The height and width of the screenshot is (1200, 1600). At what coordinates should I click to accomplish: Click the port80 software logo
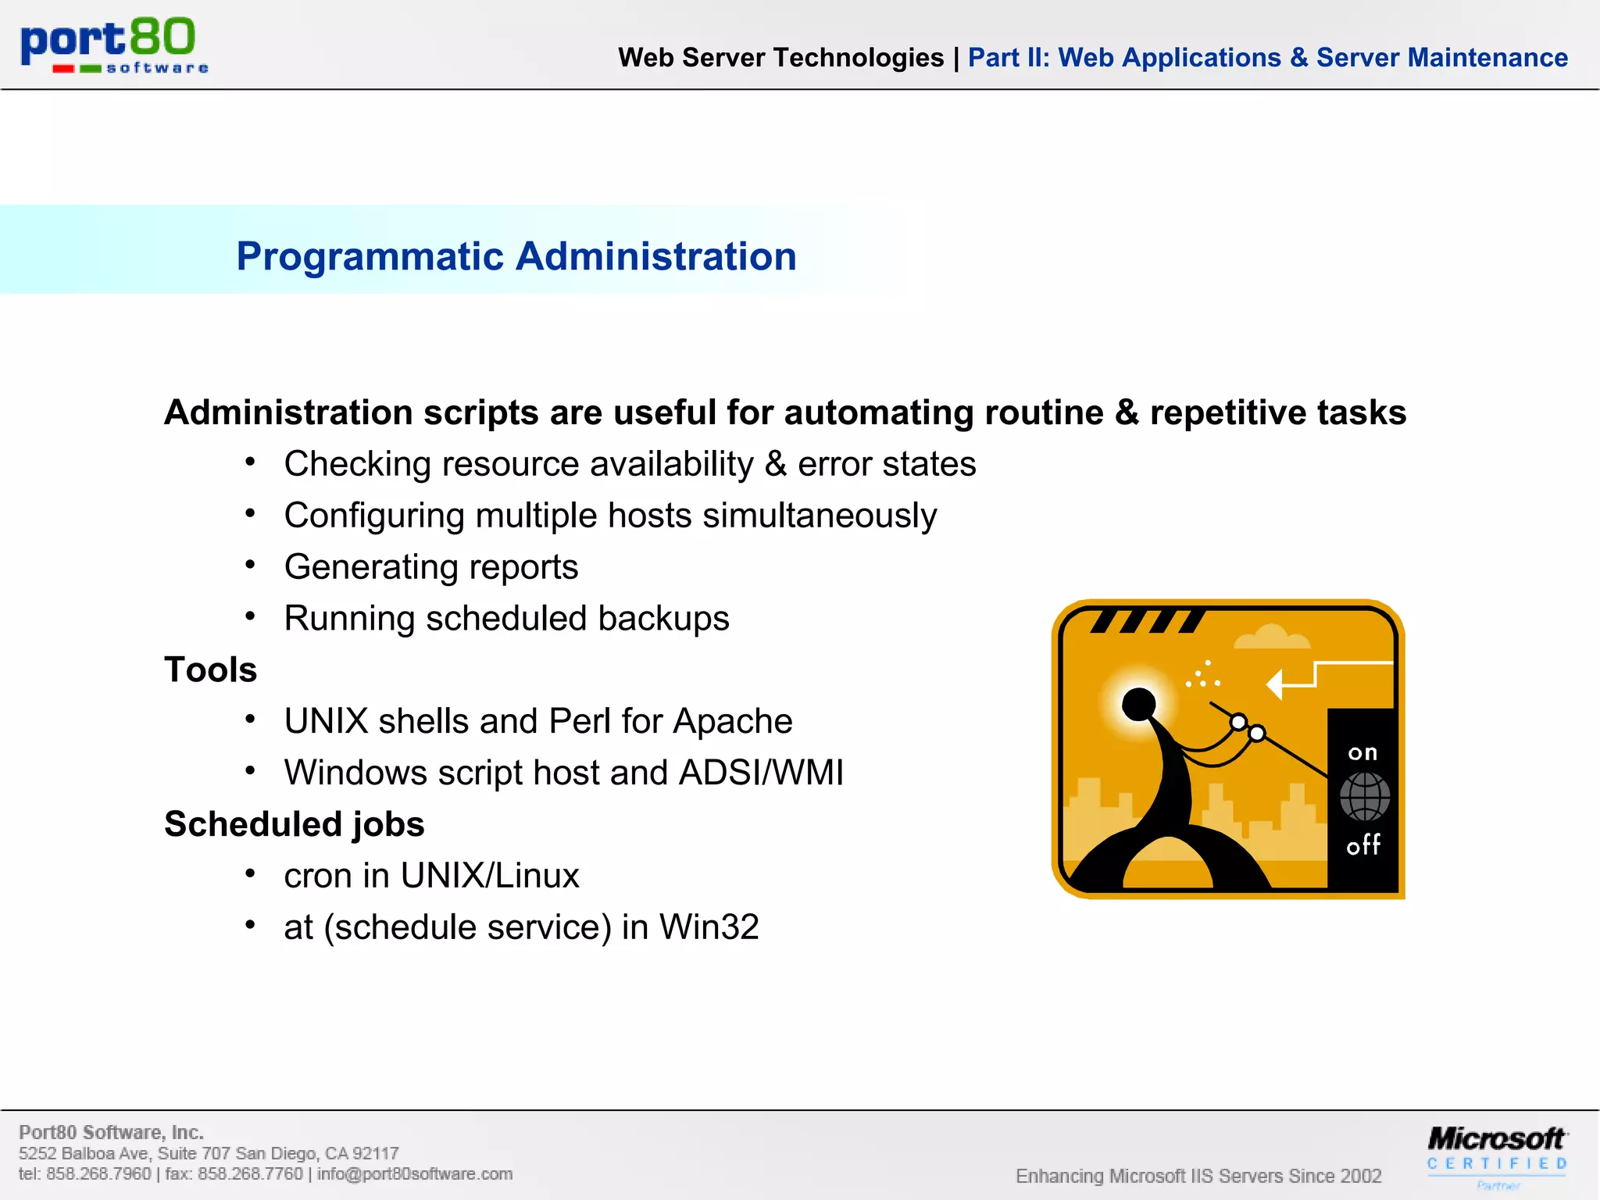click(114, 45)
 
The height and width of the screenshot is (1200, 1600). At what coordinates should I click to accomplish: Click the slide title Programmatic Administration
click(516, 256)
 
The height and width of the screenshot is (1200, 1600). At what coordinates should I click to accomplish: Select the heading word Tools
click(210, 670)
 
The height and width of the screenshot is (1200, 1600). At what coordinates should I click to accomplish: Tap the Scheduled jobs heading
click(294, 824)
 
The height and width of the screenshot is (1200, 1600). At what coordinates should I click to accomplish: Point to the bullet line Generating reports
click(430, 567)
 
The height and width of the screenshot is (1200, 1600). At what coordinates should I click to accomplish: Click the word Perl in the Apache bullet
click(580, 721)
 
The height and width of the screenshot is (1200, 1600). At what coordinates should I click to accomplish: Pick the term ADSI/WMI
click(761, 773)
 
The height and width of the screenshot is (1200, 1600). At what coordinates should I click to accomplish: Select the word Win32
click(709, 927)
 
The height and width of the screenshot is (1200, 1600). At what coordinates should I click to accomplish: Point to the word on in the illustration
click(1362, 753)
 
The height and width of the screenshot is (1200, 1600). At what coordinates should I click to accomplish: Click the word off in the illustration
click(1363, 845)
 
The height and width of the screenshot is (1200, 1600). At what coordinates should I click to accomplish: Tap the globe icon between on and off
click(1364, 797)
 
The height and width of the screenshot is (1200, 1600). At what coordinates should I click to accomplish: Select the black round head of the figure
click(1138, 704)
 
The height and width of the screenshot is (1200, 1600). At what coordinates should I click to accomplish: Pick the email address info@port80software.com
click(415, 1174)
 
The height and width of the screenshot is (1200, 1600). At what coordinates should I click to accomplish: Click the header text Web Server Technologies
click(780, 58)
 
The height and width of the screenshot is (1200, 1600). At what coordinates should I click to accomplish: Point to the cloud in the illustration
click(1271, 637)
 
